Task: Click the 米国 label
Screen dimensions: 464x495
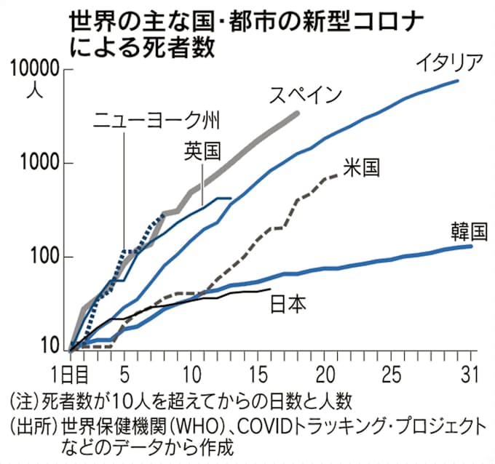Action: coord(361,168)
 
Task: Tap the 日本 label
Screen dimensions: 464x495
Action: coord(287,303)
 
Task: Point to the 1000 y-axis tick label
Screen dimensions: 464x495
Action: coord(38,164)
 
